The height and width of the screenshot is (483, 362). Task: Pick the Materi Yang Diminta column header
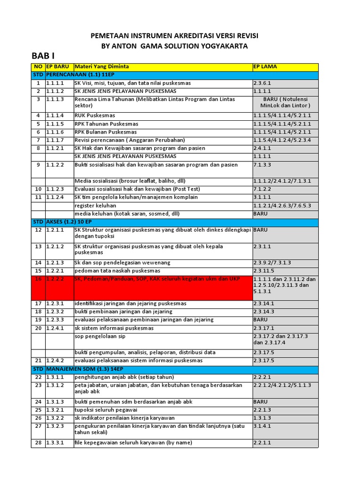point(102,67)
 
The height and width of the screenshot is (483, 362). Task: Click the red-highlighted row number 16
point(38,279)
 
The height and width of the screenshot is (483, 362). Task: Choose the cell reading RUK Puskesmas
point(95,116)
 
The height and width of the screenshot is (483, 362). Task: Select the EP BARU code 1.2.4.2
point(56,361)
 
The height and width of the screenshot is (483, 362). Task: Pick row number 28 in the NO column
point(38,443)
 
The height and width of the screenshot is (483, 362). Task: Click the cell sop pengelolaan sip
point(100,336)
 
